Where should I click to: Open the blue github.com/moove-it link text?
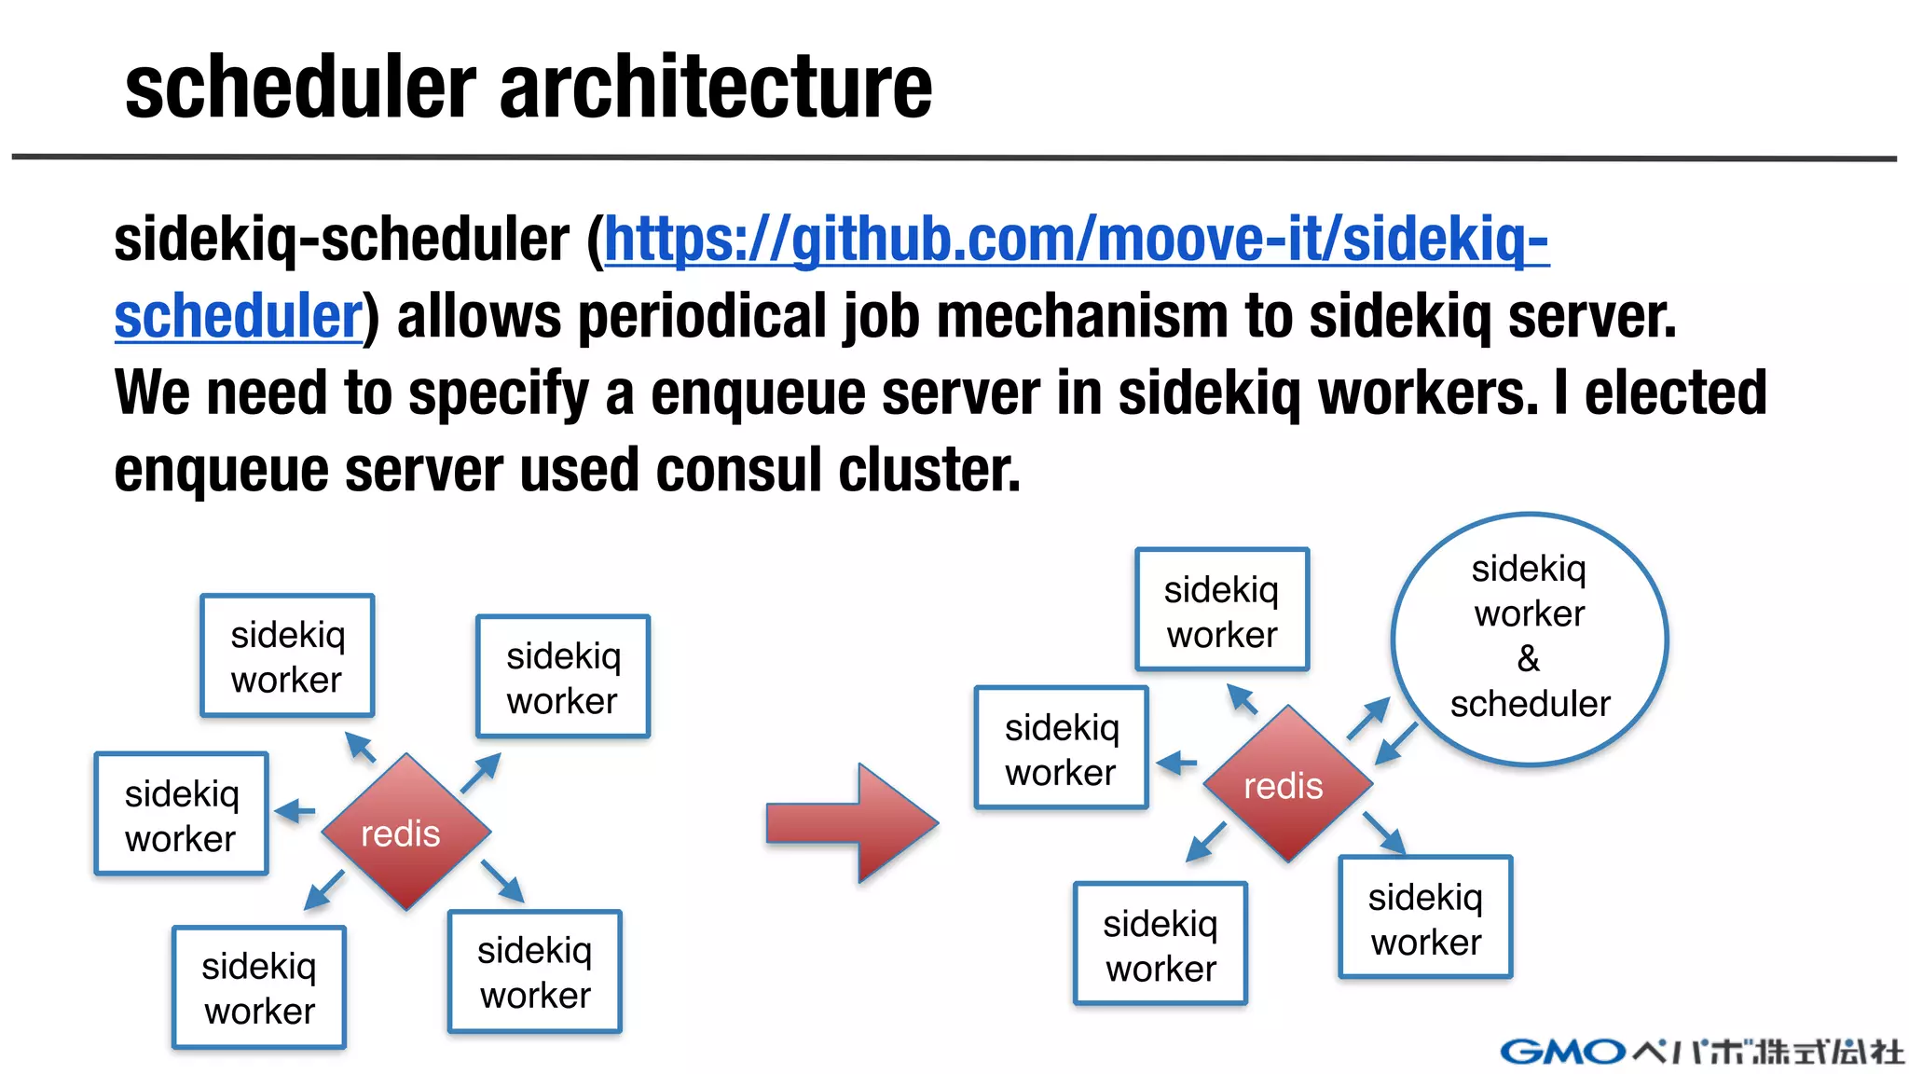[x=1077, y=240]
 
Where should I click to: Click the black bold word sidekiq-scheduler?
[x=341, y=240]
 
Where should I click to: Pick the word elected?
[x=1675, y=392]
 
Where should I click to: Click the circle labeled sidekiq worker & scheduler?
[x=1529, y=639]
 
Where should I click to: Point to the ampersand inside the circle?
[x=1529, y=658]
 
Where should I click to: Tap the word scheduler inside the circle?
[x=1530, y=704]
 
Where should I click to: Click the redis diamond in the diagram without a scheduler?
[x=405, y=831]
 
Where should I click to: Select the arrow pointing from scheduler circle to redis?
[x=1396, y=743]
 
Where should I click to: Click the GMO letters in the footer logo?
[x=1562, y=1052]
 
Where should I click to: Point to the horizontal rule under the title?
[x=954, y=158]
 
